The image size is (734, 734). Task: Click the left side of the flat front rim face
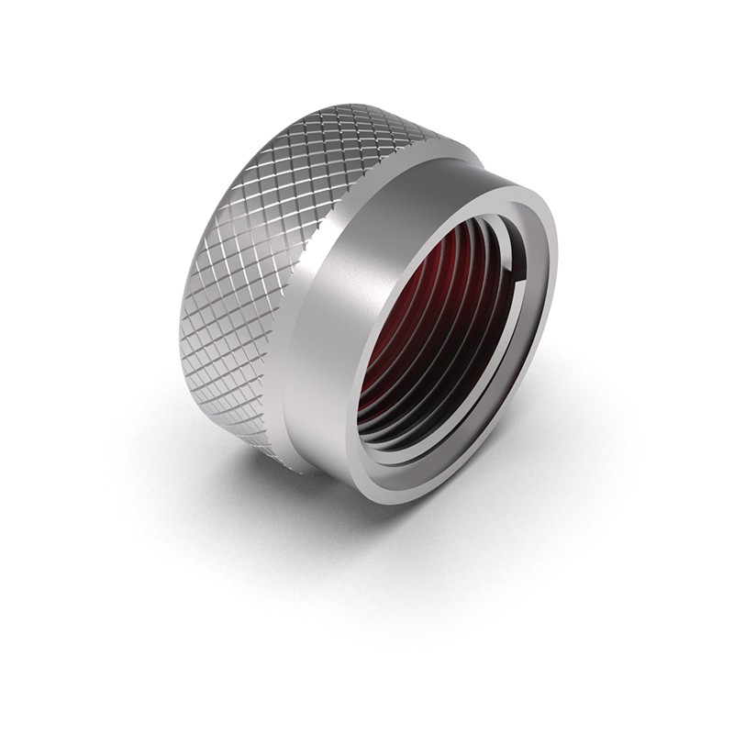361,367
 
